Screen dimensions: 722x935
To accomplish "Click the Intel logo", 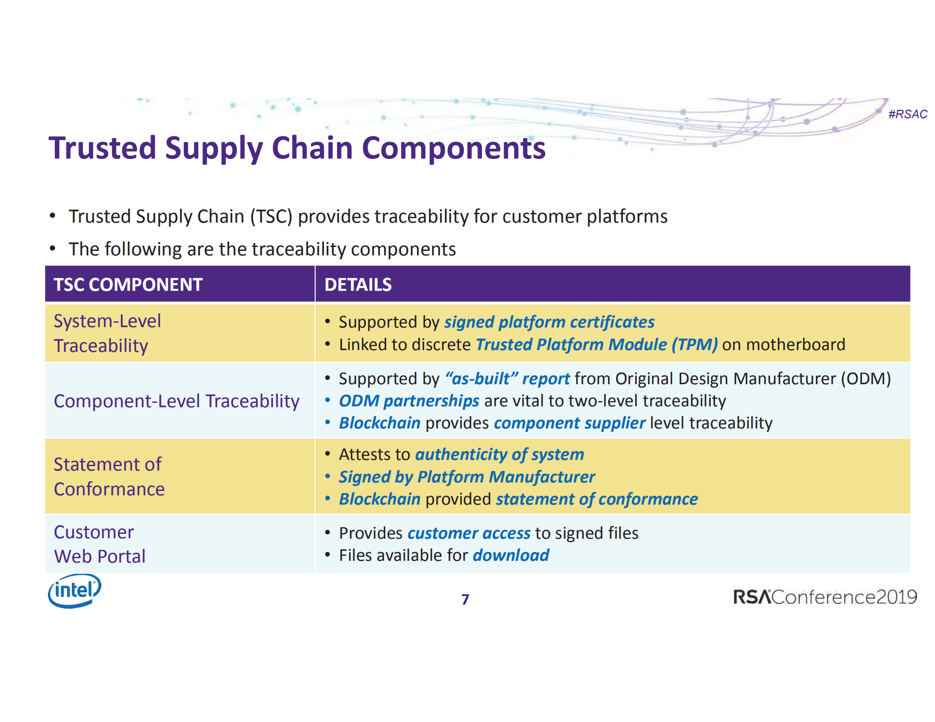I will (x=74, y=591).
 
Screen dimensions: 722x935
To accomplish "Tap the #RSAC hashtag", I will (x=907, y=114).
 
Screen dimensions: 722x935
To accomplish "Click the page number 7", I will (x=465, y=599).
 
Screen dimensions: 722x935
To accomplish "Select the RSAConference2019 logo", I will (x=824, y=597).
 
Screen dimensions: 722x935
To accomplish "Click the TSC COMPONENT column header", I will (x=128, y=285).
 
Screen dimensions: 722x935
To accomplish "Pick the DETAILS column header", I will (x=358, y=285).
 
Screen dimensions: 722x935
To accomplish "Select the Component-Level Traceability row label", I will (x=176, y=401).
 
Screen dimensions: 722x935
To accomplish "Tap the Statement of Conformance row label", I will (x=109, y=476).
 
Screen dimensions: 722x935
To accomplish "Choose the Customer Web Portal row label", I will (x=99, y=544).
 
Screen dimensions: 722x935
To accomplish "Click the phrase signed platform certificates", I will (x=549, y=322).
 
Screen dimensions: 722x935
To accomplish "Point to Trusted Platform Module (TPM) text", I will (x=596, y=344).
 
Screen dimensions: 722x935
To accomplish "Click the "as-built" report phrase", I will (x=508, y=378).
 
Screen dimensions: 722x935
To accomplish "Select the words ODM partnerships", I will (x=409, y=401).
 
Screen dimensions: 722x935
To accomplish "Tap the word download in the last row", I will (x=511, y=555).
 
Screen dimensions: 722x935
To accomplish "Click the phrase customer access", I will (x=469, y=533).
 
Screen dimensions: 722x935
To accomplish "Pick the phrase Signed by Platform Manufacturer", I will (x=467, y=477).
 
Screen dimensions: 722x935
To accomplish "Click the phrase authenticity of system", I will (x=500, y=454).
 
